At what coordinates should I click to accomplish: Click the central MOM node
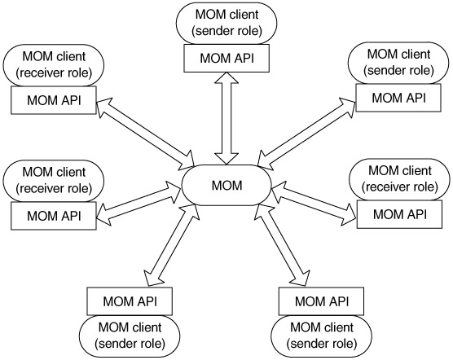point(226,186)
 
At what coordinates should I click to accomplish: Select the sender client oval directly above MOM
point(226,23)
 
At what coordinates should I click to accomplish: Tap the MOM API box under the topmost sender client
point(226,58)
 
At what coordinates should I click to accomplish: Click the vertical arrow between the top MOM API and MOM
point(226,119)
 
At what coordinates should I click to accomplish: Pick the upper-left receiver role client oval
point(54,65)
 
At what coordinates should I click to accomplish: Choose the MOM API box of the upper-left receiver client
point(54,100)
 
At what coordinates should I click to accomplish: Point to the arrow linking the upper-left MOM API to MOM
point(145,134)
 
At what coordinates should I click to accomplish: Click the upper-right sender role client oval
point(398,63)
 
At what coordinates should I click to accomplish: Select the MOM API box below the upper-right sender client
point(398,98)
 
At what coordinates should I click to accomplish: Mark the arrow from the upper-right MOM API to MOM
point(307,133)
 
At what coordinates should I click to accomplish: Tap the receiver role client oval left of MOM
point(54,181)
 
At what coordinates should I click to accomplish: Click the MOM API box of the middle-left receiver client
point(54,216)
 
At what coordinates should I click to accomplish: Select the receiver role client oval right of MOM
point(399,179)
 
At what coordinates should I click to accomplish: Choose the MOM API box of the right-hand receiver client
point(399,214)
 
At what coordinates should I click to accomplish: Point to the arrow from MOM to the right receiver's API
point(314,203)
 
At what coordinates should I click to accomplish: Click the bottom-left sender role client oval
point(130,336)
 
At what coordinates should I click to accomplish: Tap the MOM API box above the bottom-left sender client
point(130,301)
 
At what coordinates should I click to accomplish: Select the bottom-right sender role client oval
point(321,336)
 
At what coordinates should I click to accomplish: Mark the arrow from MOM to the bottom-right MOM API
point(284,245)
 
